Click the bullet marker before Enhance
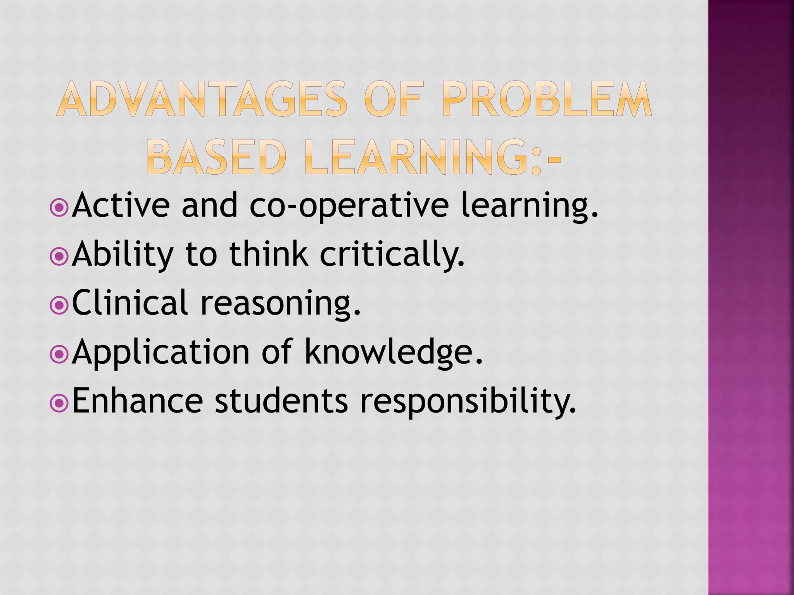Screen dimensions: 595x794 pyautogui.click(x=59, y=403)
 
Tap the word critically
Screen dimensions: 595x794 pyautogui.click(x=392, y=256)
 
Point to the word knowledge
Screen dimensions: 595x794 pyautogui.click(x=394, y=353)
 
